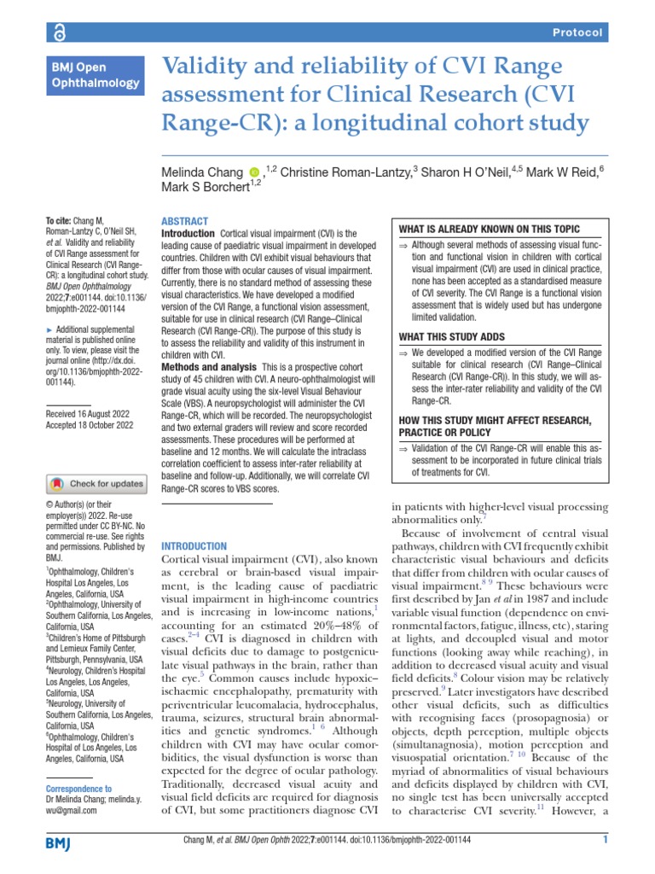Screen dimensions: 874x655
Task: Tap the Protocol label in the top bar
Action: pos(578,32)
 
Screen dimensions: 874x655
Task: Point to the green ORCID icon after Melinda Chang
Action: pos(253,173)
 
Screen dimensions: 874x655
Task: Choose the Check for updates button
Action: pos(96,483)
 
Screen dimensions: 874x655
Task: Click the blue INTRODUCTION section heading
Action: pos(194,546)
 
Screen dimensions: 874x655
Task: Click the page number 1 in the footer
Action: pos(605,840)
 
